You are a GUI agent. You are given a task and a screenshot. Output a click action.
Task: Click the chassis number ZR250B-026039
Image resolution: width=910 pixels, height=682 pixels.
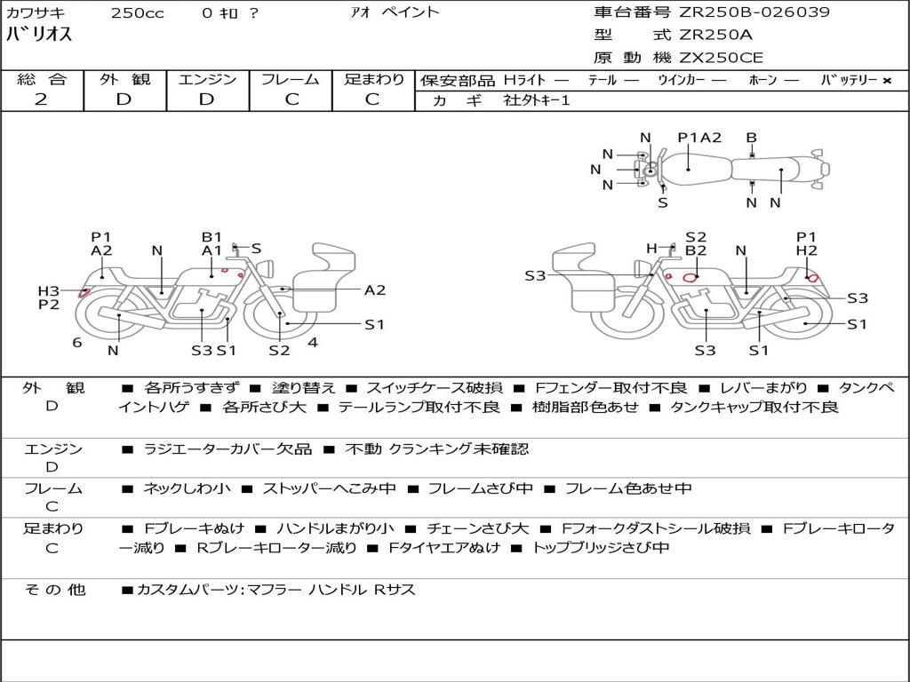[x=754, y=12]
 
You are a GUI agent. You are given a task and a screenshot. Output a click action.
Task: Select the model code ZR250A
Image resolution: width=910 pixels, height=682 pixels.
[x=715, y=36]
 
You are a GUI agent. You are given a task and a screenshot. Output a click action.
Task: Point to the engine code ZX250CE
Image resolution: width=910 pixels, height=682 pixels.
[x=721, y=59]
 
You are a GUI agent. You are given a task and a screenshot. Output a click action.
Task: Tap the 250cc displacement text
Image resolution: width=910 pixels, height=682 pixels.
[x=137, y=13]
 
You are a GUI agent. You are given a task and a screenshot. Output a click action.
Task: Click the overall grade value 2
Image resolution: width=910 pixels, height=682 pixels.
[x=41, y=99]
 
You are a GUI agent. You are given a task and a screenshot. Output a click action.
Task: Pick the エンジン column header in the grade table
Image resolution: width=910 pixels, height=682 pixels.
[x=207, y=79]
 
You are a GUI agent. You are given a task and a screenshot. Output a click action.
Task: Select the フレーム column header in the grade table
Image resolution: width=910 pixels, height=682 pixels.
[x=291, y=79]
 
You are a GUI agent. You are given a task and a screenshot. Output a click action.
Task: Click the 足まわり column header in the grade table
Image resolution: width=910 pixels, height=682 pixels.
[x=374, y=79]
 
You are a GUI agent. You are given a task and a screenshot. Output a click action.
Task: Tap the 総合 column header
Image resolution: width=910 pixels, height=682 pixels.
[x=42, y=79]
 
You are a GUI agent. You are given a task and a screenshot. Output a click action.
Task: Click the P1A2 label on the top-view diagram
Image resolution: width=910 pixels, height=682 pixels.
[x=699, y=138]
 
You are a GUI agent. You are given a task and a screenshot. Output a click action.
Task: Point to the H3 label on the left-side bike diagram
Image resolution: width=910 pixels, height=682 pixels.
[x=48, y=291]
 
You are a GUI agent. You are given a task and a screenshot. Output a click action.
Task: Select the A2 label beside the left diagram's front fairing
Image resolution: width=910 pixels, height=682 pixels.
[x=375, y=289]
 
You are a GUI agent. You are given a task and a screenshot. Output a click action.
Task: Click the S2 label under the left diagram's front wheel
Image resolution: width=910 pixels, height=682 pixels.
[x=279, y=350]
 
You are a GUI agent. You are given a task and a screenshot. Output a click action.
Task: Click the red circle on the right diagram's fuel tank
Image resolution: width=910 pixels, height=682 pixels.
[x=689, y=277]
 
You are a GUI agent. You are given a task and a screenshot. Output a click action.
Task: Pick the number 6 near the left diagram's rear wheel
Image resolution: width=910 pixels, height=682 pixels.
[x=77, y=342]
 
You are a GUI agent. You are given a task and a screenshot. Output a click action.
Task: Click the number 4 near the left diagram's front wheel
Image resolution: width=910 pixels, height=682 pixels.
[x=313, y=342]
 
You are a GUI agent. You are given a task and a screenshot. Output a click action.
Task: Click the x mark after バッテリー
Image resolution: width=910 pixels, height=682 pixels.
[x=886, y=80]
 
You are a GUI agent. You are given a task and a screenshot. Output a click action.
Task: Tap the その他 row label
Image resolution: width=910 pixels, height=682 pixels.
[x=54, y=590]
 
